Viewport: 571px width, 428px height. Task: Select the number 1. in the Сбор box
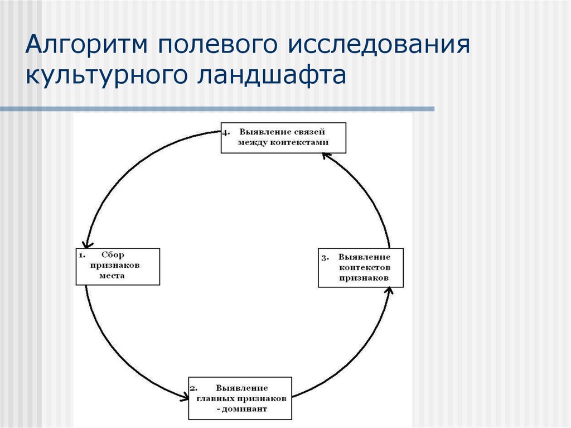81,256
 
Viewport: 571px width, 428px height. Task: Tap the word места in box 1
113,276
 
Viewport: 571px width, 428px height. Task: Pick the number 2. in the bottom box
193,388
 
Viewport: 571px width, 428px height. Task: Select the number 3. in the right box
325,258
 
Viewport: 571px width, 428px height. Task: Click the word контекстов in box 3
364,267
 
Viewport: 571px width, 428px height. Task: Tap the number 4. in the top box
226,133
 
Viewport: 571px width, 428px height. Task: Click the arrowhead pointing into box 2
184,397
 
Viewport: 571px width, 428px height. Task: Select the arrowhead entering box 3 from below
389,291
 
